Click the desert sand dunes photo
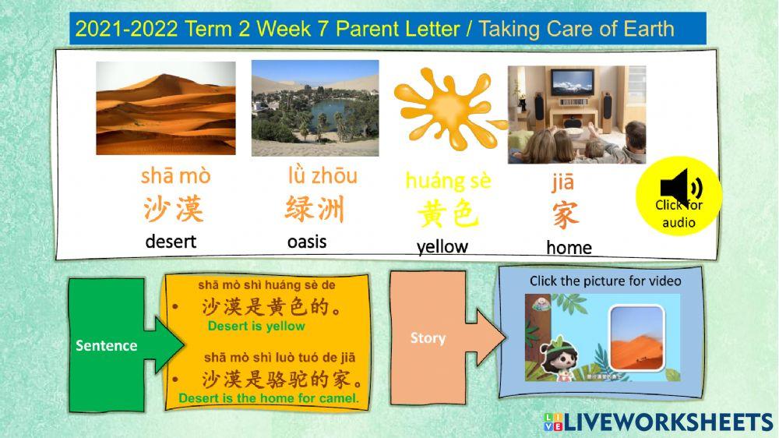pyautogui.click(x=165, y=108)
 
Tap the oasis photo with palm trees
pyautogui.click(x=315, y=108)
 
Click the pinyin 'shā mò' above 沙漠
pyautogui.click(x=175, y=176)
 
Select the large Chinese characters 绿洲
pyautogui.click(x=315, y=210)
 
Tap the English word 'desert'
pyautogui.click(x=171, y=242)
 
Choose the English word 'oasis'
pyautogui.click(x=307, y=242)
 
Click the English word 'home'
pyautogui.click(x=569, y=248)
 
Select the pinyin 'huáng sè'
pyautogui.click(x=448, y=182)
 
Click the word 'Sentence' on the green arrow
pyautogui.click(x=106, y=345)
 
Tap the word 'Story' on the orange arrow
pyautogui.click(x=428, y=337)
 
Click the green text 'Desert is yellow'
pyautogui.click(x=256, y=326)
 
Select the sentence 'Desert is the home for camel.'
pyautogui.click(x=269, y=398)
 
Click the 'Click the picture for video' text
pyautogui.click(x=605, y=281)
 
